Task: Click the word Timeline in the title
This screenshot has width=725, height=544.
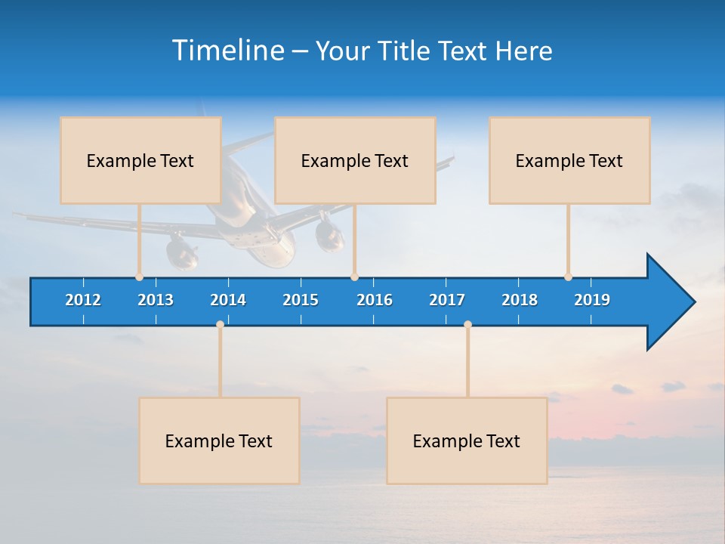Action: [228, 51]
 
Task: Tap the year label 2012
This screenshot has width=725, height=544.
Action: [83, 300]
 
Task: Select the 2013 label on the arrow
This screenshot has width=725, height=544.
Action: [156, 300]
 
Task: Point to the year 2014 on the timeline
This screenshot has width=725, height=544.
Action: [228, 300]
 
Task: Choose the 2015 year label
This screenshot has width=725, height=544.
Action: [301, 300]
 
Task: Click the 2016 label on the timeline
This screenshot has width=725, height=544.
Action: [375, 300]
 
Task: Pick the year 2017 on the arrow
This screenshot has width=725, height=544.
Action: [447, 300]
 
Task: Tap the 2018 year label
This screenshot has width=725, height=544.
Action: [520, 300]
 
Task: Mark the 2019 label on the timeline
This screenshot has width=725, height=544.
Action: [592, 300]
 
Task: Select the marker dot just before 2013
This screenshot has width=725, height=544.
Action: [139, 277]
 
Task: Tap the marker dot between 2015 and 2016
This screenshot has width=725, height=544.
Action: [354, 277]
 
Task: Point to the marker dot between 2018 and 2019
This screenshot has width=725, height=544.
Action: [568, 277]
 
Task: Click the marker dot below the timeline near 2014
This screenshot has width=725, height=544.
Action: [220, 324]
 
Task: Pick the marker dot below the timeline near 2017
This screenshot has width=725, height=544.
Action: [467, 324]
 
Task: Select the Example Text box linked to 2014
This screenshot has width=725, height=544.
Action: [219, 440]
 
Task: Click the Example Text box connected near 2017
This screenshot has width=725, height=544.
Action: [467, 440]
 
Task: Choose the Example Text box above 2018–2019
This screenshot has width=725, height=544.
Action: [569, 160]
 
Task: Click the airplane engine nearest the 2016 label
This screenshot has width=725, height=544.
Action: [330, 236]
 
